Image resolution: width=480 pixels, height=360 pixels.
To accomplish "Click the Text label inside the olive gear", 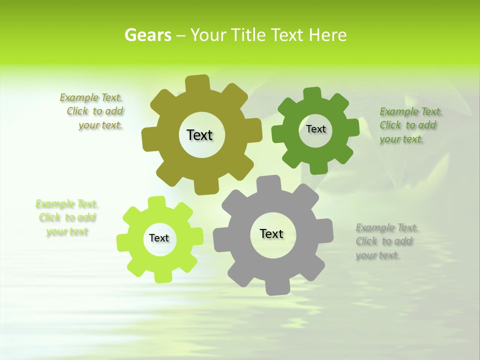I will pyautogui.click(x=199, y=135).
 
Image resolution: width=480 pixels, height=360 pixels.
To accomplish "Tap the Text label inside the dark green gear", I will pyautogui.click(x=315, y=129).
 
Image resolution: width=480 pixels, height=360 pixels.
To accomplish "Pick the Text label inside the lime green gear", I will pyautogui.click(x=159, y=238).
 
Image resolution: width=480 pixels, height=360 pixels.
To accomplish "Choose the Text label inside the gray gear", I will pyautogui.click(x=271, y=233).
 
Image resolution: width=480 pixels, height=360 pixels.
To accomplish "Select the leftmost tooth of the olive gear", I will pyautogui.click(x=149, y=139).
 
